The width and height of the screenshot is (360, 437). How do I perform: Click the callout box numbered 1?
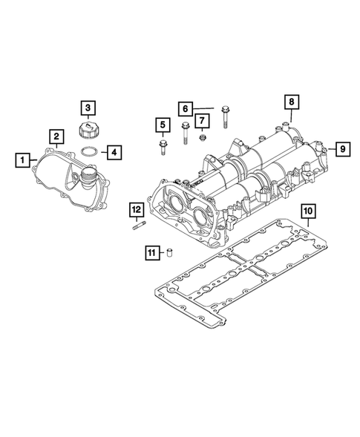24,159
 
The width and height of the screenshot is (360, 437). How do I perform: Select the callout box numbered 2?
56,136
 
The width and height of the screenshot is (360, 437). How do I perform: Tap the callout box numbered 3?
87,108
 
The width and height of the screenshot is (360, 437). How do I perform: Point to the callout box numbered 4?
113,153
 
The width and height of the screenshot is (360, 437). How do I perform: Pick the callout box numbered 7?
201,119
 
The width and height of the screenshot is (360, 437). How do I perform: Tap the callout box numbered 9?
342,148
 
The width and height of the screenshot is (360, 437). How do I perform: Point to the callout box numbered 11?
151,254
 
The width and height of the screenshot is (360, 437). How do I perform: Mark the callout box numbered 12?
137,209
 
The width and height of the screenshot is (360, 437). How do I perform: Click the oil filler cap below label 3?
87,131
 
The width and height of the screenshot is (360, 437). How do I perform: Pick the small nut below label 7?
202,137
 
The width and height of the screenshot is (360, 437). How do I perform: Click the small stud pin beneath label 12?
138,227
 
